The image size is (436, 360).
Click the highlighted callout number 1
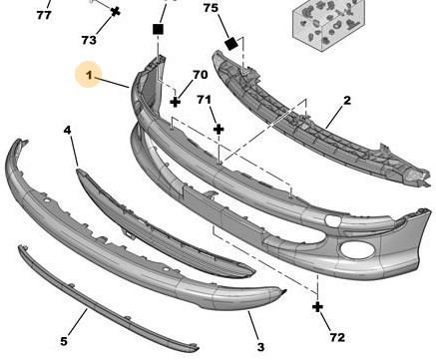click(89, 75)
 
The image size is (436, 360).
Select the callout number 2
click(347, 100)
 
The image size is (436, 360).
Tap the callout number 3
click(260, 347)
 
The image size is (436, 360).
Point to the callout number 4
click(68, 130)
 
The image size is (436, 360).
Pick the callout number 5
click(64, 341)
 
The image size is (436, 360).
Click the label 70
click(201, 75)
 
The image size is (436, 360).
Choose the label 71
click(204, 100)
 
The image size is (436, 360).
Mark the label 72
click(337, 337)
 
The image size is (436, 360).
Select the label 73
click(89, 40)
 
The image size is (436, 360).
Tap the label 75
click(211, 8)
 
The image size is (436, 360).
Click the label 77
click(44, 15)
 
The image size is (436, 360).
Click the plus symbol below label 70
click(176, 102)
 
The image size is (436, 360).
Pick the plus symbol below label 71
click(218, 129)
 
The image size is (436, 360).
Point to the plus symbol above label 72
click(317, 307)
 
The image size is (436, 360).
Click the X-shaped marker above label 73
click(116, 12)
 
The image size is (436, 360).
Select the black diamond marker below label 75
click(231, 44)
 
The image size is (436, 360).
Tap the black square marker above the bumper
click(158, 29)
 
